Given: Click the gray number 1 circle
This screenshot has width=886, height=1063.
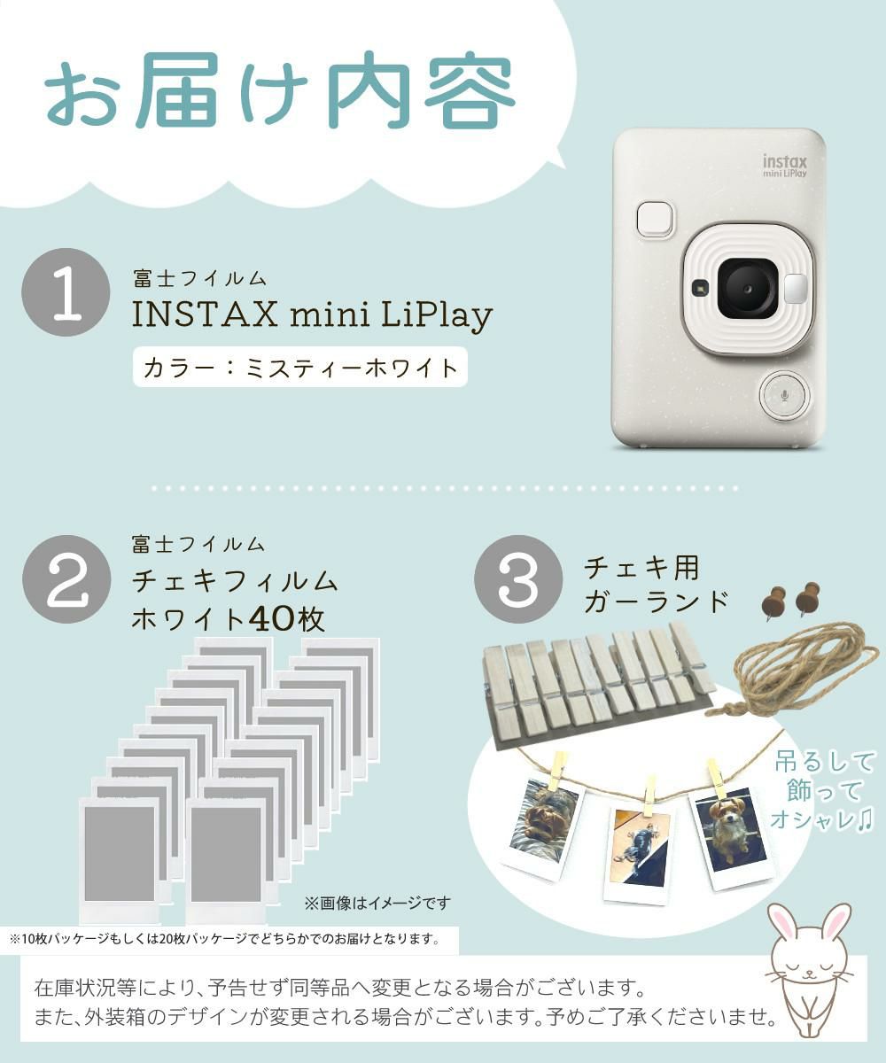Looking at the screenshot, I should click(x=66, y=292).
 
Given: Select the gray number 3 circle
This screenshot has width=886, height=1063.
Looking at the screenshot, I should click(x=518, y=579).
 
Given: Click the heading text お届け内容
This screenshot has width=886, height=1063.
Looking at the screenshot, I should click(x=280, y=92).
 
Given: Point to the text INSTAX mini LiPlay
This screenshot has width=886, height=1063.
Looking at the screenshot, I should click(x=312, y=315).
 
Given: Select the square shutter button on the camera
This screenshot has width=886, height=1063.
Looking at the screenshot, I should click(x=656, y=220).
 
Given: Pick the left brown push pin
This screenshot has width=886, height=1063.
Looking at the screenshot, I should click(x=773, y=601).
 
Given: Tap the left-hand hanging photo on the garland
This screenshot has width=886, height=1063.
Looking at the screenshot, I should click(x=542, y=824).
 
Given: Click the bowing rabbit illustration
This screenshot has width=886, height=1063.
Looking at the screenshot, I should click(x=808, y=966).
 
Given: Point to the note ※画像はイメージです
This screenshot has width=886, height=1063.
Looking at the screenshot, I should click(x=377, y=904).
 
